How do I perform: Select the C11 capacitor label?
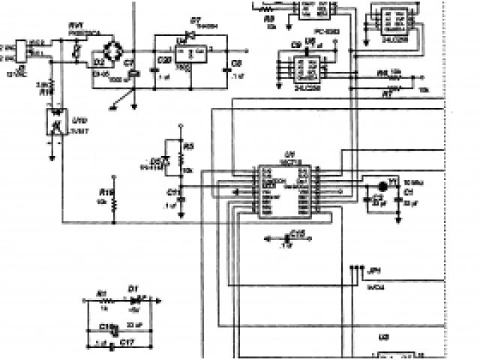pyautogui.click(x=170, y=190)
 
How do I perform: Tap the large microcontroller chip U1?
pyautogui.click(x=286, y=190)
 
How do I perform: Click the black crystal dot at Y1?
pyautogui.click(x=382, y=183)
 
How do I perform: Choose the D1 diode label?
pyautogui.click(x=133, y=287)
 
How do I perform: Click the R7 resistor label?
pyautogui.click(x=387, y=94)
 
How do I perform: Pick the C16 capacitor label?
pyautogui.click(x=298, y=232)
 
